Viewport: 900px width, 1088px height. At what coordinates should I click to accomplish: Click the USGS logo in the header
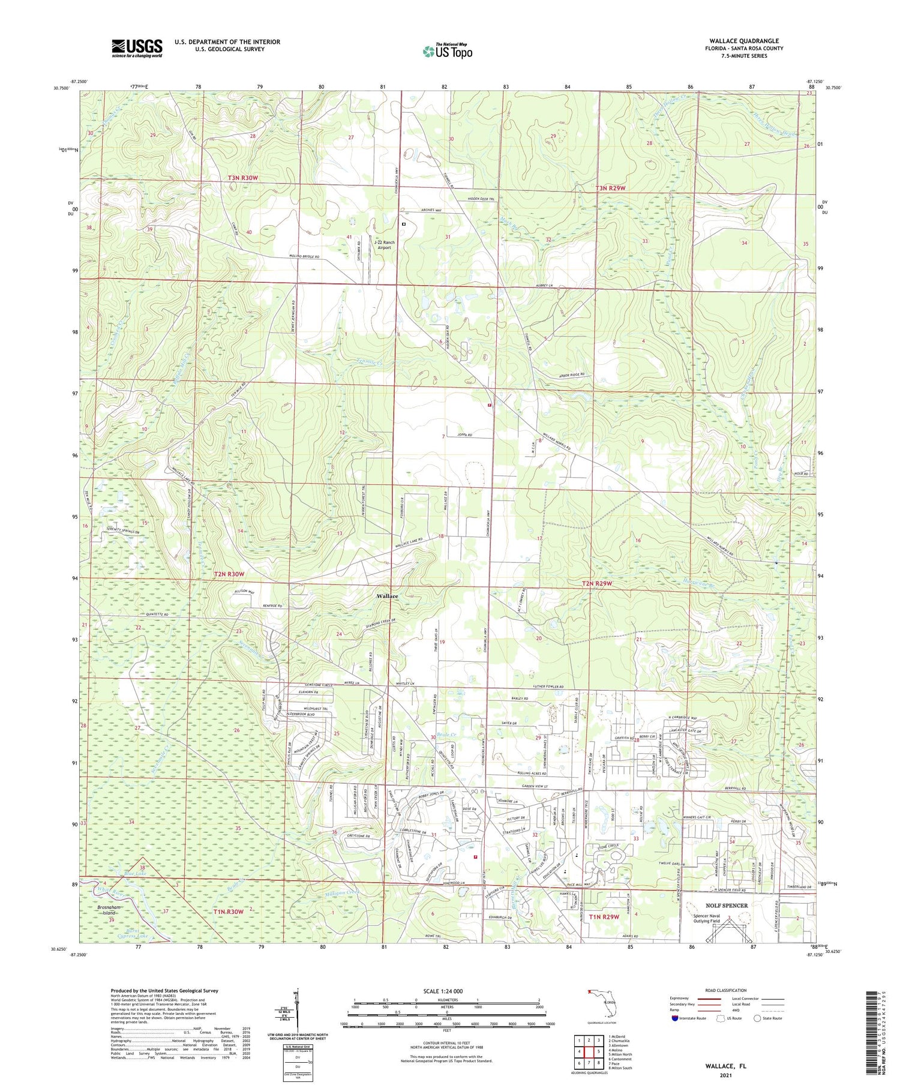click(137, 48)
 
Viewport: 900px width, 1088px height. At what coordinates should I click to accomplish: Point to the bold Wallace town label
click(387, 596)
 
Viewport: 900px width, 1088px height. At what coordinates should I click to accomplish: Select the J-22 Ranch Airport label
click(384, 245)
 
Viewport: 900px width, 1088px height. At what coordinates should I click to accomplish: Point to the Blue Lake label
click(135, 874)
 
